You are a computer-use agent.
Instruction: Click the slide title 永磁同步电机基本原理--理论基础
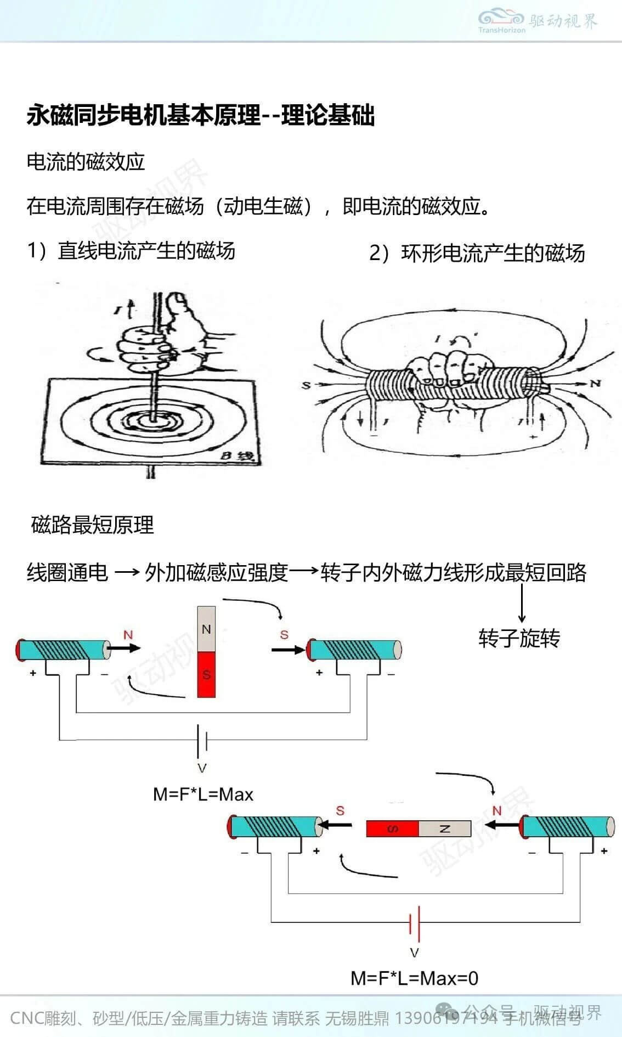(201, 116)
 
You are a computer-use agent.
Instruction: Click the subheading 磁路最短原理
(93, 525)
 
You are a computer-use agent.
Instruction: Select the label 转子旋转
(519, 639)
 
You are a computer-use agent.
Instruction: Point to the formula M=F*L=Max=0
(414, 978)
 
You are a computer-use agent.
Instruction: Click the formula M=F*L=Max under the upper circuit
(203, 794)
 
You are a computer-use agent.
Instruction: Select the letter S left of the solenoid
(306, 386)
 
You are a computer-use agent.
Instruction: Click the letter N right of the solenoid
(595, 383)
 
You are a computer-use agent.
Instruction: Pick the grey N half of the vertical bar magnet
(206, 629)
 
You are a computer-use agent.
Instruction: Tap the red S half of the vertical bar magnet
(206, 675)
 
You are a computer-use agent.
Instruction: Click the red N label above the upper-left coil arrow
(128, 635)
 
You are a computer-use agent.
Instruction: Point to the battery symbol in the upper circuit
(202, 740)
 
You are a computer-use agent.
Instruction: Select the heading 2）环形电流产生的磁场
(477, 253)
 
